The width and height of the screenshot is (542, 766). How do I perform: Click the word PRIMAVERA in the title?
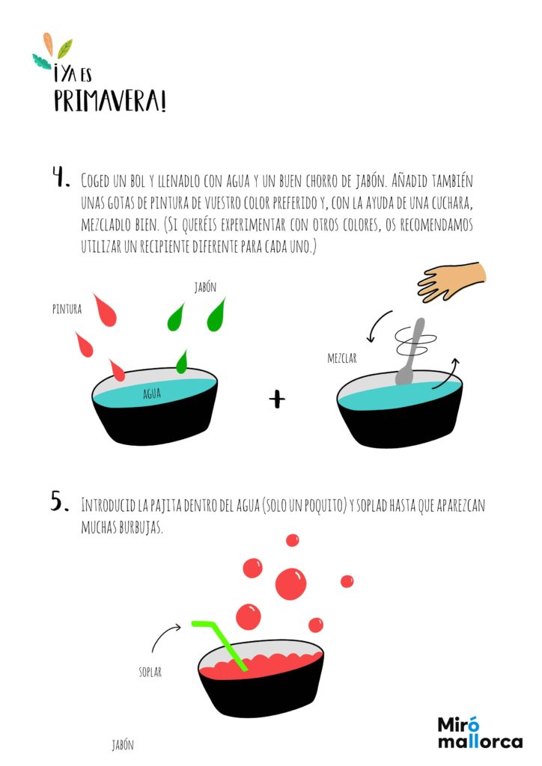(x=110, y=101)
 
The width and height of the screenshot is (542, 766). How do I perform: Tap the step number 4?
(x=61, y=177)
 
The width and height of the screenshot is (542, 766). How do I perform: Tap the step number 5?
(x=60, y=501)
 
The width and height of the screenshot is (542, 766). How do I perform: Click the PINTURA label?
(x=67, y=309)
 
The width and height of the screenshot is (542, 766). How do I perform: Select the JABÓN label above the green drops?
(x=205, y=287)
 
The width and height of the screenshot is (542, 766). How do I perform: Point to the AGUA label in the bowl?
(x=152, y=393)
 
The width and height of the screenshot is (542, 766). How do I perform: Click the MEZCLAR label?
(x=342, y=358)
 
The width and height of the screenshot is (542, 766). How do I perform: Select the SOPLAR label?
(x=150, y=672)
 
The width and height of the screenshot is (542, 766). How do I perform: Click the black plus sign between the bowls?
(x=277, y=399)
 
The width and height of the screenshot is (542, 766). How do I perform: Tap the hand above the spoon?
(x=451, y=281)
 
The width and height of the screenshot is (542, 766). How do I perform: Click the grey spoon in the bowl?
(x=410, y=352)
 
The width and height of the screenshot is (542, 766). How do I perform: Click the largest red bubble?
(x=290, y=583)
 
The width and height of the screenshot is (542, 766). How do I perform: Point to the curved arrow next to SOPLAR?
(x=162, y=634)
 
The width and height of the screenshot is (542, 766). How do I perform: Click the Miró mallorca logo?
(x=480, y=733)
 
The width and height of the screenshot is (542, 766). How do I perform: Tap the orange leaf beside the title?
(x=48, y=44)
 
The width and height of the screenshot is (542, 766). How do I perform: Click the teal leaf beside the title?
(x=41, y=61)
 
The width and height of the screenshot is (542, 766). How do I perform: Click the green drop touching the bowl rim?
(x=182, y=363)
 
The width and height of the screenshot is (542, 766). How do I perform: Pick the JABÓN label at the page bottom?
(x=123, y=745)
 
